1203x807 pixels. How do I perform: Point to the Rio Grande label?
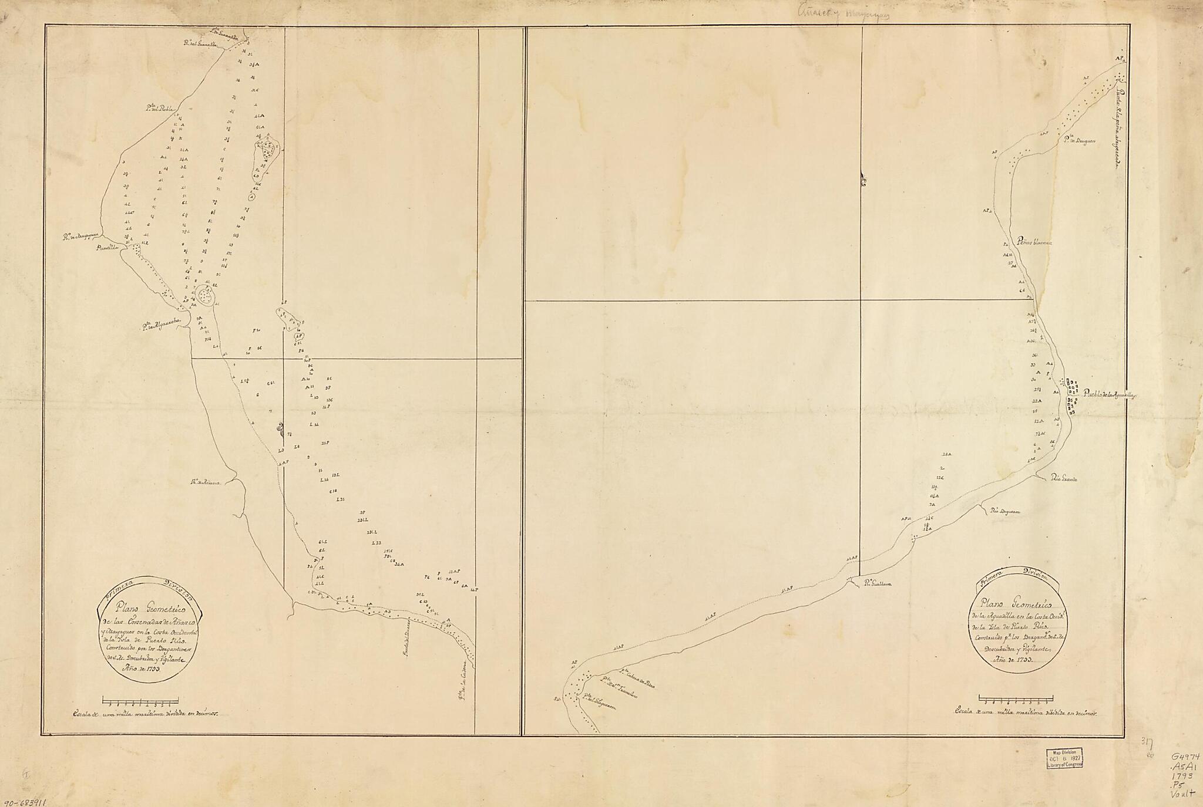1064,480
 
